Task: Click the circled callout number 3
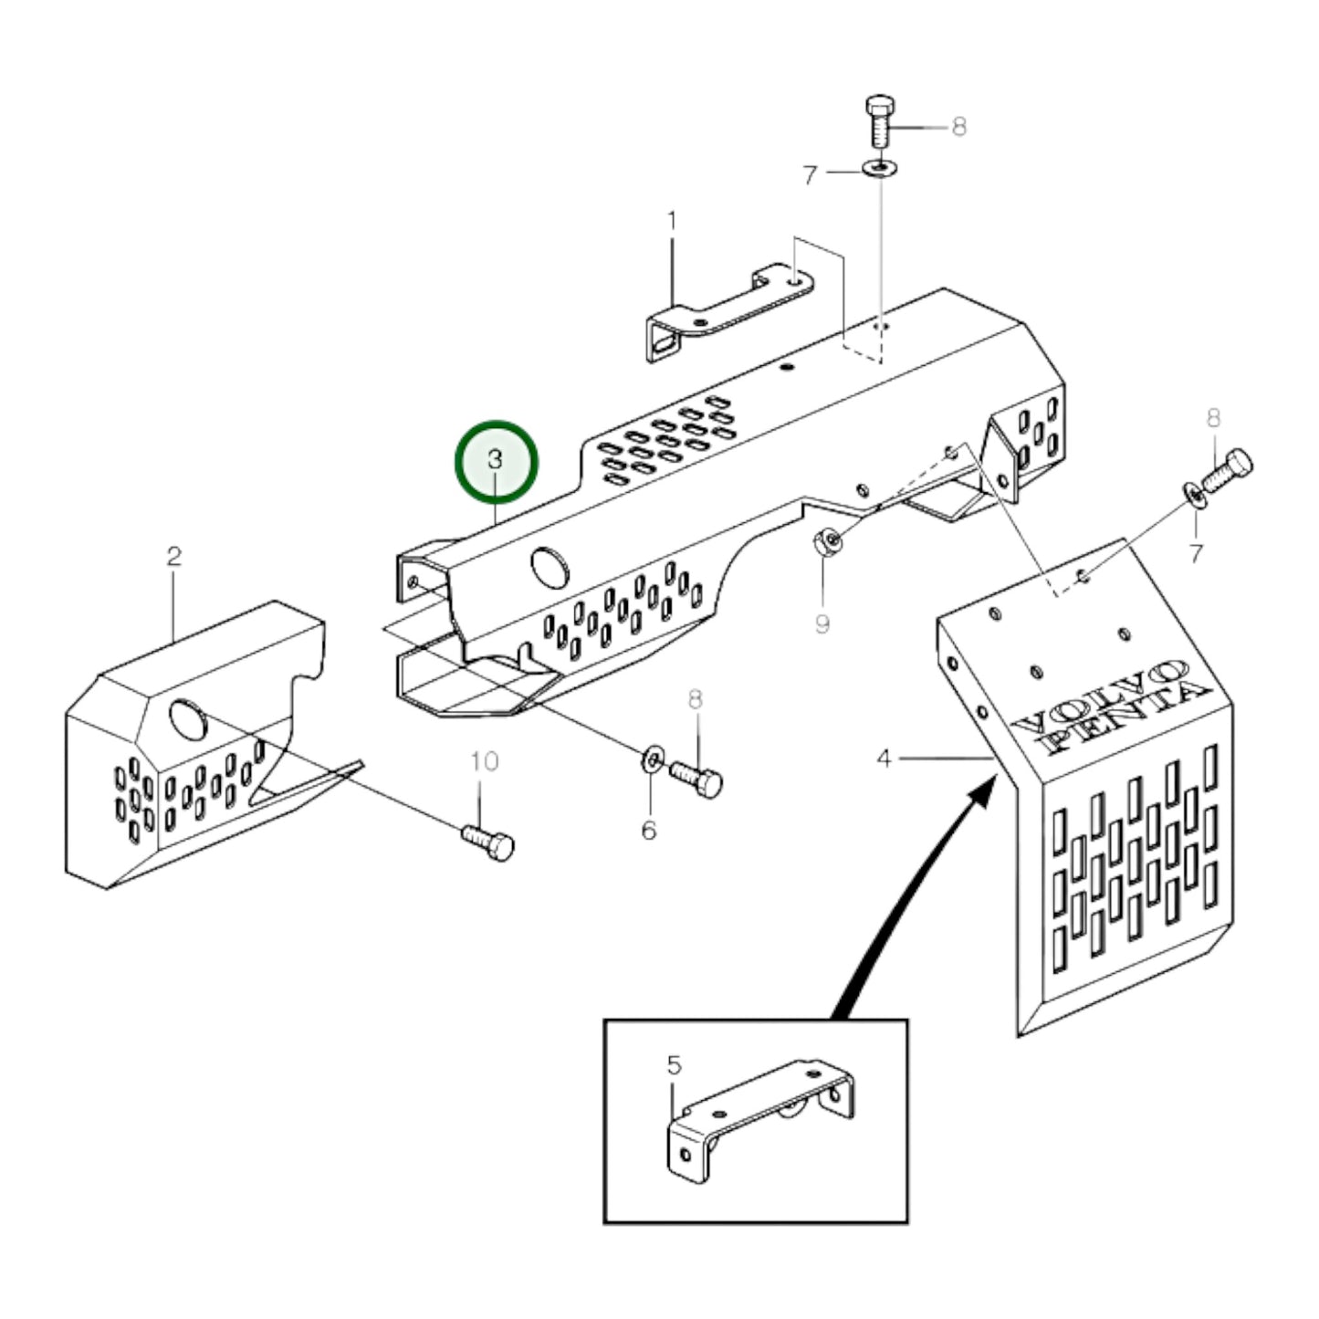click(496, 460)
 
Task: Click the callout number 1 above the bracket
click(673, 221)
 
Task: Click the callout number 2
click(173, 556)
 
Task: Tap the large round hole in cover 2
click(188, 719)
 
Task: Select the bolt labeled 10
click(489, 841)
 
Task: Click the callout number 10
click(485, 760)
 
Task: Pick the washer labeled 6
click(652, 757)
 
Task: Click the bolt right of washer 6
click(697, 779)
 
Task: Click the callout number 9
click(822, 624)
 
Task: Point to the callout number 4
click(883, 758)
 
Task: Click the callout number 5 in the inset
click(674, 1065)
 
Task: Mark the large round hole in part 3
click(548, 566)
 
